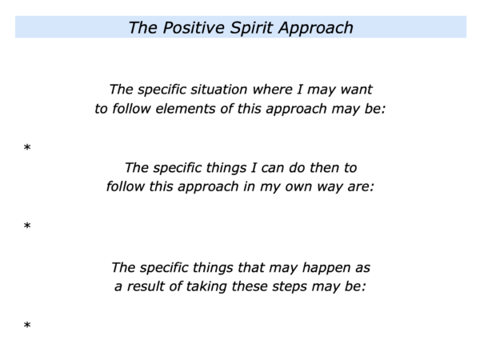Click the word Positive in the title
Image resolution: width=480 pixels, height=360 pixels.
194,28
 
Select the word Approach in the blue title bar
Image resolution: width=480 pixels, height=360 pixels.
316,29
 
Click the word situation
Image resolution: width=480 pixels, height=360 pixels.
219,90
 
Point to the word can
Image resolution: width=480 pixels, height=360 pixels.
273,168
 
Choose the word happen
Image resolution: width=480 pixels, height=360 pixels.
326,268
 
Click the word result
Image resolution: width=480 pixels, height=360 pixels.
145,286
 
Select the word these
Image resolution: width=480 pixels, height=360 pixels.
249,286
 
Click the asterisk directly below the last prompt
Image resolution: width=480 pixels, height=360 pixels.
27,325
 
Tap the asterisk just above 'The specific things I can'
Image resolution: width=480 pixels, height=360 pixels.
27,147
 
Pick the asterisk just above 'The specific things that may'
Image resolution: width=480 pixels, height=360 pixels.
27,226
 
